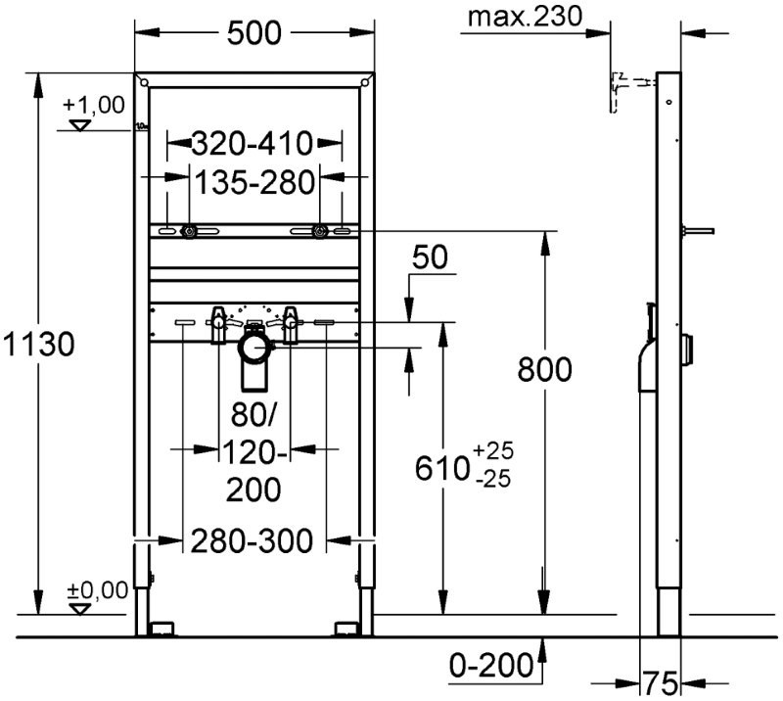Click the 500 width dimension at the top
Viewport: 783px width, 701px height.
pyautogui.click(x=254, y=33)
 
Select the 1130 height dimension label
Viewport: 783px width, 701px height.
pyautogui.click(x=38, y=345)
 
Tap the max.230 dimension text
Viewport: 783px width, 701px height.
pyautogui.click(x=525, y=16)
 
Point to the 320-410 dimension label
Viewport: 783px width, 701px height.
pyautogui.click(x=253, y=143)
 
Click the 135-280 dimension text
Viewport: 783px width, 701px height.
pyautogui.click(x=254, y=182)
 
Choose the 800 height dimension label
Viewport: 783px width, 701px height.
pyautogui.click(x=544, y=369)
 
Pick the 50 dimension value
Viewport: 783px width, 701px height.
pyautogui.click(x=430, y=257)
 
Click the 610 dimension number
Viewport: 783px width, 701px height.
pyautogui.click(x=441, y=469)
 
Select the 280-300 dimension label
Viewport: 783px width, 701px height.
pyautogui.click(x=253, y=540)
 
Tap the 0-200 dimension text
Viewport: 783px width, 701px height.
pyautogui.click(x=491, y=666)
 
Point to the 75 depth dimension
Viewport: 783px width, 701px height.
pyautogui.click(x=660, y=682)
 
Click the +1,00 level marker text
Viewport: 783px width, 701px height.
pyautogui.click(x=93, y=105)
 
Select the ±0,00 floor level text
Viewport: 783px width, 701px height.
pyautogui.click(x=98, y=590)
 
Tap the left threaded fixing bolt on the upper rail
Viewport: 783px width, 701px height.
pyautogui.click(x=189, y=231)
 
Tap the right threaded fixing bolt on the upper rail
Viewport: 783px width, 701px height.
pyautogui.click(x=320, y=231)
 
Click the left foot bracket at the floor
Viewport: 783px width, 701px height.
pyautogui.click(x=161, y=629)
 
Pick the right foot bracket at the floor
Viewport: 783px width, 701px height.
pyautogui.click(x=346, y=629)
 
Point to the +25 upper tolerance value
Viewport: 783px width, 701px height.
pyautogui.click(x=493, y=450)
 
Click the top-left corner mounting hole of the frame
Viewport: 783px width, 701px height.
pyautogui.click(x=144, y=81)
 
